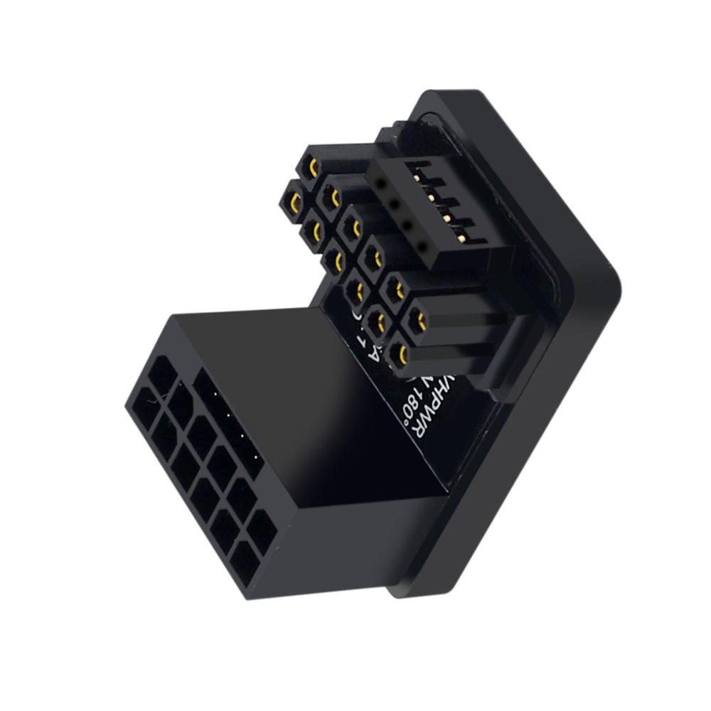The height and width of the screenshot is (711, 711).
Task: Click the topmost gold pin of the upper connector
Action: tap(312, 168)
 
